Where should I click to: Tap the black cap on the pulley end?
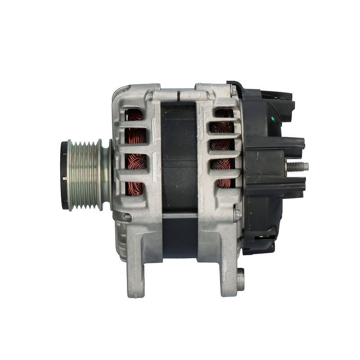tap(64, 175)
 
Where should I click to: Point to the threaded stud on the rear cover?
tap(297, 166)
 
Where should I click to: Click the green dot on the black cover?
tap(272, 118)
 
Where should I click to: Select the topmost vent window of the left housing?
tap(134, 116)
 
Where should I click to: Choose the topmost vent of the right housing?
tap(224, 113)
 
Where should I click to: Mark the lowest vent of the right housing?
tap(223, 183)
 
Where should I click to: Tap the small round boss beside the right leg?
tap(241, 279)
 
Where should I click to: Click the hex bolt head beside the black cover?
tap(237, 215)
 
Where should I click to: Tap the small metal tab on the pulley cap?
tap(65, 179)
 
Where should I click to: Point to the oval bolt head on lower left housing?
tap(127, 217)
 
